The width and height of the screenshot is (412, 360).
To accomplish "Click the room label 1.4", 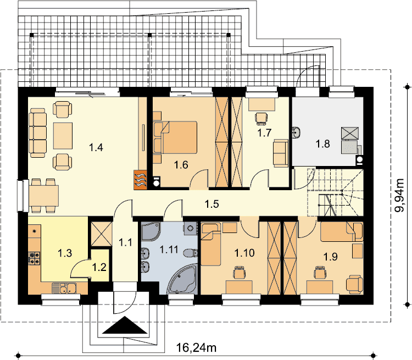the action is click(x=96, y=147).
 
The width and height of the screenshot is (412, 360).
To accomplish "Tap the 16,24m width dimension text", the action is click(x=196, y=347).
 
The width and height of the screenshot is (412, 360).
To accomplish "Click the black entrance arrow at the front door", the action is click(x=124, y=325).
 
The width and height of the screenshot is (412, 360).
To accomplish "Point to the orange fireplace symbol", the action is click(x=140, y=180).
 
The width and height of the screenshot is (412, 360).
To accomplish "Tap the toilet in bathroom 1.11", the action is click(x=191, y=253).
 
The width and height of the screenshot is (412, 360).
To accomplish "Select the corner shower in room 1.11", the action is click(x=151, y=231).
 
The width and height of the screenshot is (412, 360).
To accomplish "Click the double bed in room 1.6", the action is click(x=175, y=137).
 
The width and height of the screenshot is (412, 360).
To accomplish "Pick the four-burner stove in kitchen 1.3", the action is click(x=34, y=258).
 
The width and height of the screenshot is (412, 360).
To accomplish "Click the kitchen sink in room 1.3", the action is click(x=64, y=288).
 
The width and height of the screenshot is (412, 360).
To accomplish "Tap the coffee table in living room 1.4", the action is click(x=63, y=136).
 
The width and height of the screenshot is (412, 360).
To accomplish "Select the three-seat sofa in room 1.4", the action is click(x=38, y=133).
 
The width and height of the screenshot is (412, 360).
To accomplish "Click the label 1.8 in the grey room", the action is click(x=322, y=144).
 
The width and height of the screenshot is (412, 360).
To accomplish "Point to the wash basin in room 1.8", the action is click(x=297, y=132).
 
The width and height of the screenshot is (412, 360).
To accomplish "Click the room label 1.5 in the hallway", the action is click(x=212, y=204).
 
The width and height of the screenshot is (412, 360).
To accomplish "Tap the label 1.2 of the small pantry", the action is click(x=99, y=267).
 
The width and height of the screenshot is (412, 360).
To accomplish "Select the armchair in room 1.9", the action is click(x=355, y=284).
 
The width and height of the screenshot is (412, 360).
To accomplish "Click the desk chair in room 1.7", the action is click(x=261, y=118).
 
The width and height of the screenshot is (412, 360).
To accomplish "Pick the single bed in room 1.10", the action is click(x=211, y=244).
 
